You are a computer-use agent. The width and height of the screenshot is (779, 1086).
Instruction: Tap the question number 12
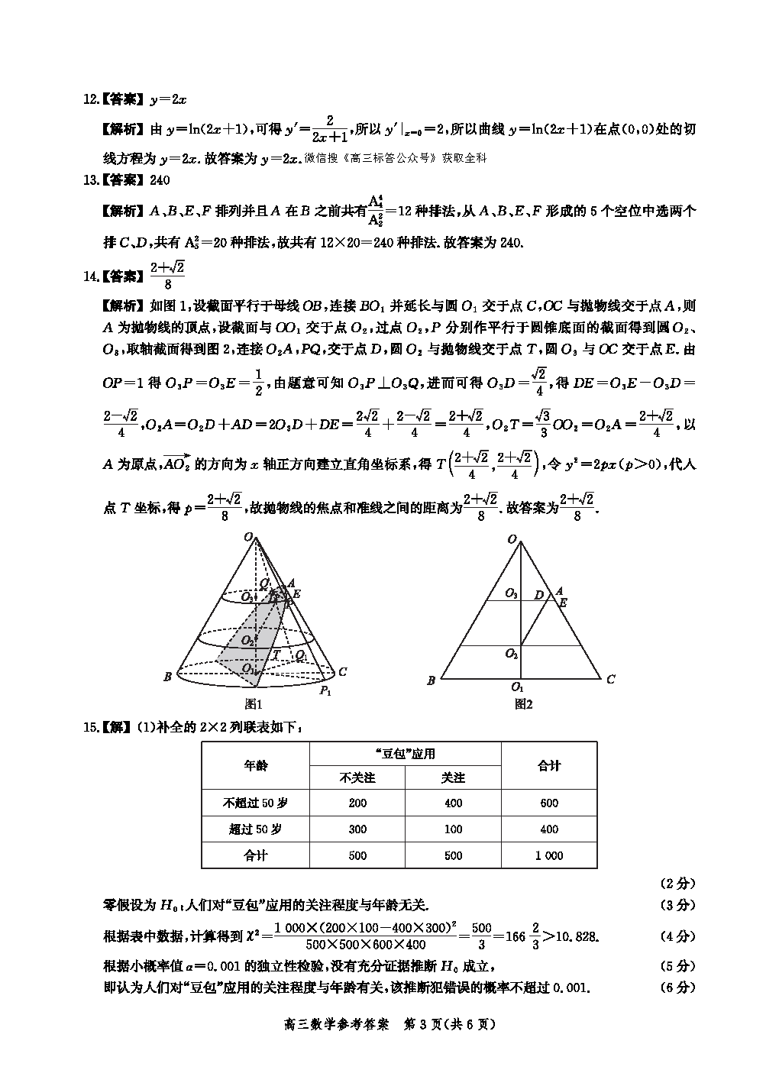[x=91, y=99]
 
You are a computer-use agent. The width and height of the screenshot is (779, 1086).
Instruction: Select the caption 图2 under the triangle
[x=523, y=704]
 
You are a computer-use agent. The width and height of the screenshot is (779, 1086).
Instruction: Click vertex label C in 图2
[x=611, y=679]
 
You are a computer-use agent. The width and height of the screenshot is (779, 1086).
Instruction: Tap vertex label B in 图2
[x=432, y=680]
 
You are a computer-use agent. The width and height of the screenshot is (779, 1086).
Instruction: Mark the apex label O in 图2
[x=511, y=539]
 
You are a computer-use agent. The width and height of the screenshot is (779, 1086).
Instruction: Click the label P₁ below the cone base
[x=325, y=690]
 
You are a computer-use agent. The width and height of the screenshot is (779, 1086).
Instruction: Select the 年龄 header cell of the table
[x=256, y=765]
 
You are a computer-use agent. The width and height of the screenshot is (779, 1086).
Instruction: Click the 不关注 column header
[x=357, y=777]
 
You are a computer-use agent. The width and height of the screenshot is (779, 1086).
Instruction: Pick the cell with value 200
[x=357, y=803]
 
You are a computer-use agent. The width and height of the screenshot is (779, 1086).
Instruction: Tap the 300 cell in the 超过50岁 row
[x=357, y=829]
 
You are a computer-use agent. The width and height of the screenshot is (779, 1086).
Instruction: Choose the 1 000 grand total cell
[x=549, y=856]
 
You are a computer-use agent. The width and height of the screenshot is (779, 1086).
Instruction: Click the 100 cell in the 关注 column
[x=453, y=829]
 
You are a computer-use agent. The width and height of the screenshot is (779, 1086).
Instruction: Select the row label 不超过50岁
[x=256, y=803]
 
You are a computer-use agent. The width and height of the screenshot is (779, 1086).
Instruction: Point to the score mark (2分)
[x=677, y=884]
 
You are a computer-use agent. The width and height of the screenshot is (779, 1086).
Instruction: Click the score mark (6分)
[x=677, y=987]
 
